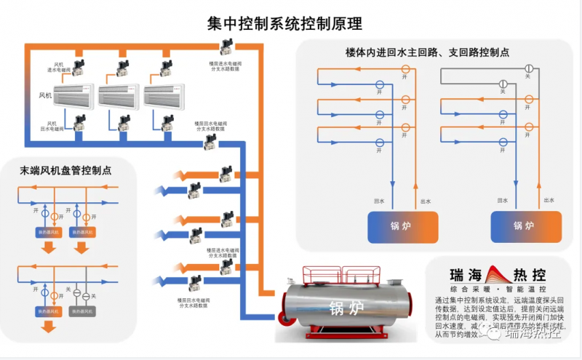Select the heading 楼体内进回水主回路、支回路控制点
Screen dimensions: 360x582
tap(427, 53)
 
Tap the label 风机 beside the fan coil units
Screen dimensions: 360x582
tap(45, 95)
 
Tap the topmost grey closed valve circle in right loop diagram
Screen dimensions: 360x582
tap(529, 69)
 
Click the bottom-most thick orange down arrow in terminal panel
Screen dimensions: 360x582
tap(48, 327)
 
